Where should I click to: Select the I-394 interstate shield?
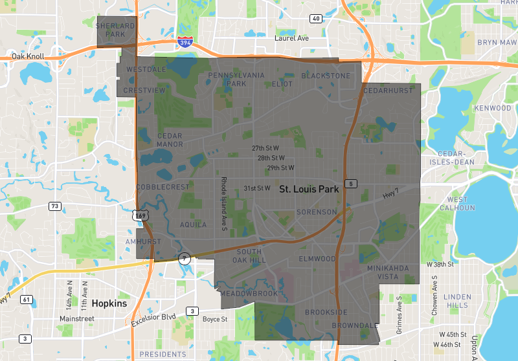(x=184, y=42)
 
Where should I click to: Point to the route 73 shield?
(x=55, y=206)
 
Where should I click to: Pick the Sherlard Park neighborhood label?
(x=115, y=30)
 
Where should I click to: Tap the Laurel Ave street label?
(x=291, y=38)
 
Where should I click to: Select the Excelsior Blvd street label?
(x=154, y=315)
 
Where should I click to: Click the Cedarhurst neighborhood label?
(x=388, y=91)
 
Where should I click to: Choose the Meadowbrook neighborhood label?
(x=249, y=294)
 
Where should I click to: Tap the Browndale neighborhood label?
(x=354, y=325)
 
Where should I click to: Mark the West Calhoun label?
(x=456, y=204)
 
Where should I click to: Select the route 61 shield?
(x=27, y=300)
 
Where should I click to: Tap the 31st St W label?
(x=256, y=188)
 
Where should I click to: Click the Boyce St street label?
(x=215, y=319)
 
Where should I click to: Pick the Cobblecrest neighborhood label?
(x=163, y=187)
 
